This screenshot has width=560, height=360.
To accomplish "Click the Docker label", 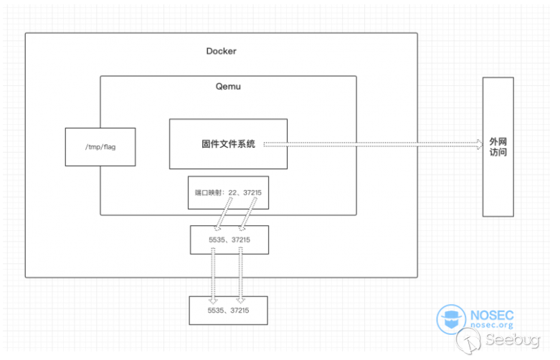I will coord(221,51).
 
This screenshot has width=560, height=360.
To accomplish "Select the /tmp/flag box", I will coord(100,147).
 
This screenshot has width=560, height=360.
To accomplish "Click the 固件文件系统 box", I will coord(228,144).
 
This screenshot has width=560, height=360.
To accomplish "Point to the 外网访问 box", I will coord(498,148).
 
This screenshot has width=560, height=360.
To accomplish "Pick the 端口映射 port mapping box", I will coord(228,191).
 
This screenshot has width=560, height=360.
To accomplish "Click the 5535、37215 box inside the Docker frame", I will coord(229,239).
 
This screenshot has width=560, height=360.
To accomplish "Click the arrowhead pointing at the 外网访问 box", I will coord(479,144).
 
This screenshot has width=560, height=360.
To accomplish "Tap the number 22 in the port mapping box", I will coord(233,191).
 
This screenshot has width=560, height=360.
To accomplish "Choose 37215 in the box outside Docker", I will coord(239,310).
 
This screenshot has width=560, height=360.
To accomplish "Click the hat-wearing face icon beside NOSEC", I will coord(452,321).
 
